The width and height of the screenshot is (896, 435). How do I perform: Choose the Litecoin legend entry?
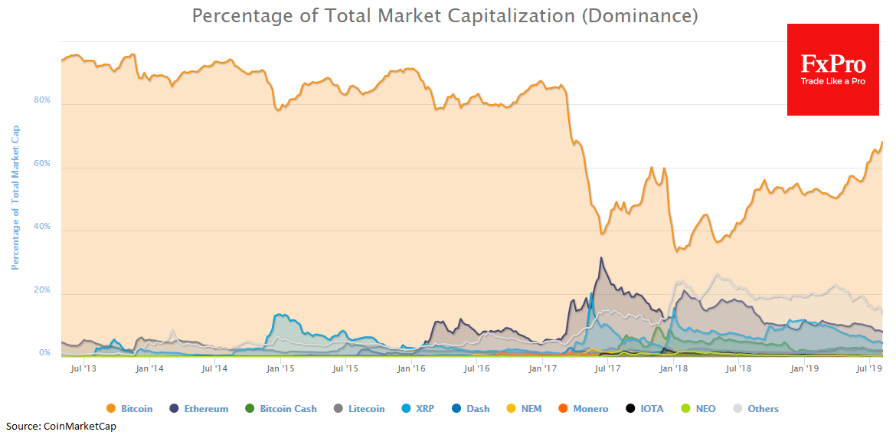point(360,409)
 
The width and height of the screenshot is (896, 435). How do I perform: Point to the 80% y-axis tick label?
point(41,100)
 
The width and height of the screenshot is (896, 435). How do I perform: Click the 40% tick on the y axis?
point(41,227)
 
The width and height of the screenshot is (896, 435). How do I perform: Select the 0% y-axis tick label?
point(44,353)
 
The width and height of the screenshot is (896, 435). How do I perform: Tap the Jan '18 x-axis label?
point(674,369)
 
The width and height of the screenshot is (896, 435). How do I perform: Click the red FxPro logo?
point(832,70)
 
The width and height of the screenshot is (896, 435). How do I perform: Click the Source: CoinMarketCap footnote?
point(62,426)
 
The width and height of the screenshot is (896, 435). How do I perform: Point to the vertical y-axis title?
point(15,198)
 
